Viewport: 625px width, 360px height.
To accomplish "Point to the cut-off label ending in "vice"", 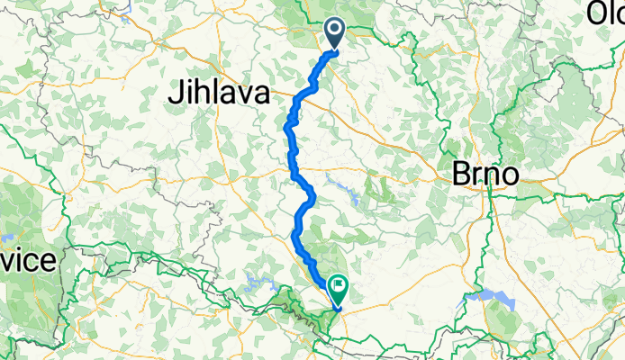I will [29, 261].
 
